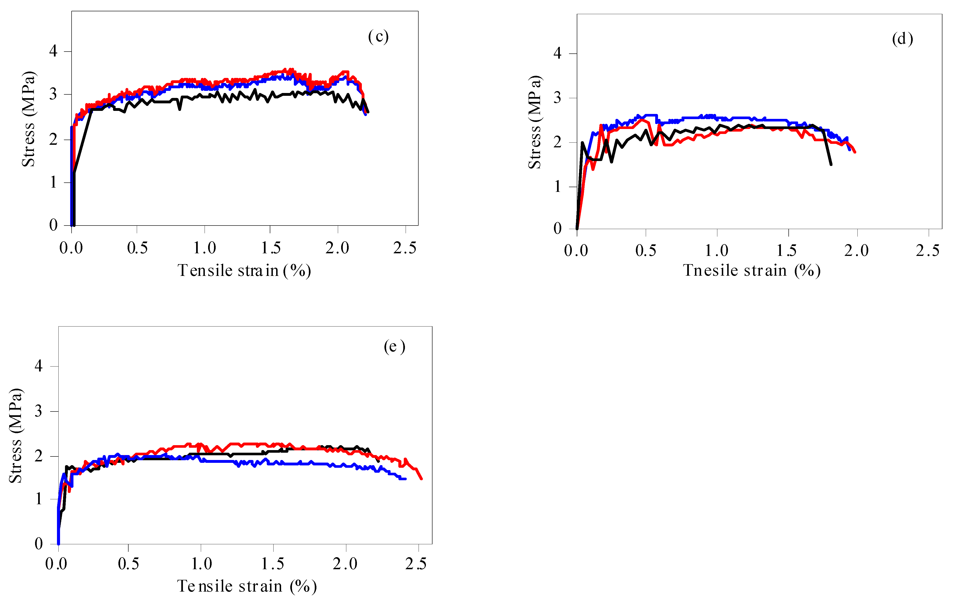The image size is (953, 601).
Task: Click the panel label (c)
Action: tap(378, 36)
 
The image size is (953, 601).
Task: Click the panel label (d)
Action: tap(902, 39)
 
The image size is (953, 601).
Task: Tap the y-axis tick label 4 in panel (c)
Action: tap(53, 51)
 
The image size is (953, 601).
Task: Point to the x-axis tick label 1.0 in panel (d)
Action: tap(716, 250)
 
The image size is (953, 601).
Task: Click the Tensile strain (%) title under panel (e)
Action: tap(246, 586)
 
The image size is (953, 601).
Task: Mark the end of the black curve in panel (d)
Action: tap(831, 164)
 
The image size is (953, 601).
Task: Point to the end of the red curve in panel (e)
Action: tap(421, 479)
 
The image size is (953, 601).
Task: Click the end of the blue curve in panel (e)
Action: tap(405, 479)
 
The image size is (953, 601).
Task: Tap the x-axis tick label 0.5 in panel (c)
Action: tap(137, 248)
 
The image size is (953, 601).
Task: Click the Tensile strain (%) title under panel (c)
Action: tap(244, 271)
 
